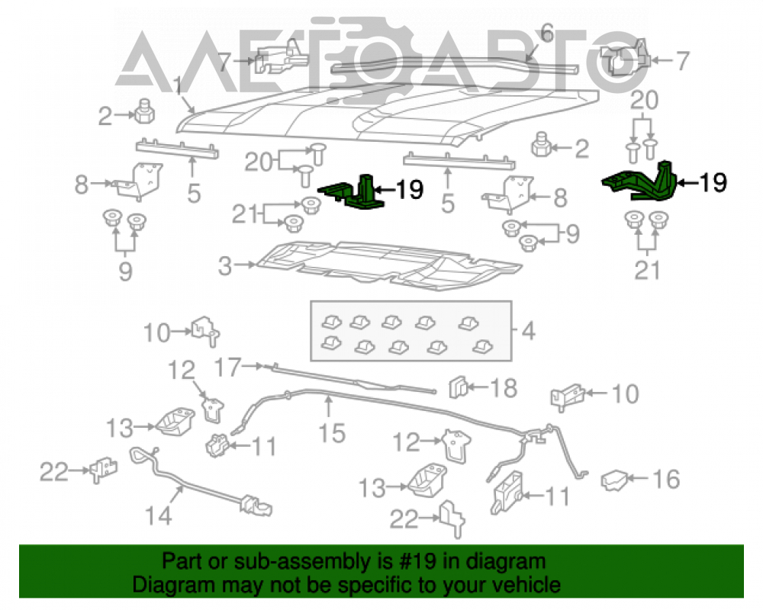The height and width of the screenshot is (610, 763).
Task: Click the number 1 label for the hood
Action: [x=178, y=86]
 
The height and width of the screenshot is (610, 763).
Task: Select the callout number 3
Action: [x=225, y=266]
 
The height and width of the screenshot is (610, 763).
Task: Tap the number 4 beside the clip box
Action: [x=529, y=331]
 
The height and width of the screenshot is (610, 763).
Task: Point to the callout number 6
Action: [x=547, y=33]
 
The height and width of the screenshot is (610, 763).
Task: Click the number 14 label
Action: [x=159, y=515]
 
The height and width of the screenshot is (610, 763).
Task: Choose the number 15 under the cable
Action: [x=332, y=433]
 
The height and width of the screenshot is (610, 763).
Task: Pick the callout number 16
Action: [x=665, y=479]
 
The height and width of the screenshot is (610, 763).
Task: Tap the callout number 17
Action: [x=227, y=368]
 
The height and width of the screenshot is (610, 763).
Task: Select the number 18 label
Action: [x=503, y=388]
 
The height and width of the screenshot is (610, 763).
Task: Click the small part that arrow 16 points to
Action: [x=614, y=480]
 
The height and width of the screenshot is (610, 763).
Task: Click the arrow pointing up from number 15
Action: [x=329, y=406]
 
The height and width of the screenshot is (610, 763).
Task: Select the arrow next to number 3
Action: [x=245, y=265]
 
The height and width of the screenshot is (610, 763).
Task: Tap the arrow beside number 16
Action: [x=639, y=478]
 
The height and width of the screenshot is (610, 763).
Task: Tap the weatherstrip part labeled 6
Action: [x=455, y=64]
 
